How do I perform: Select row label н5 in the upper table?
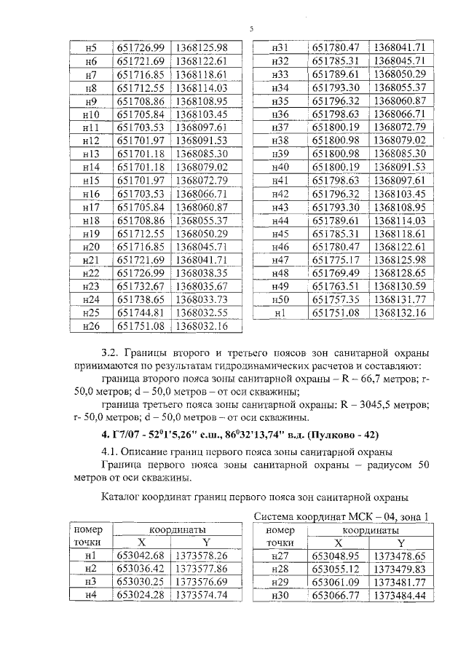point(91,48)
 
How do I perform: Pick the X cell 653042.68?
point(143,556)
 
